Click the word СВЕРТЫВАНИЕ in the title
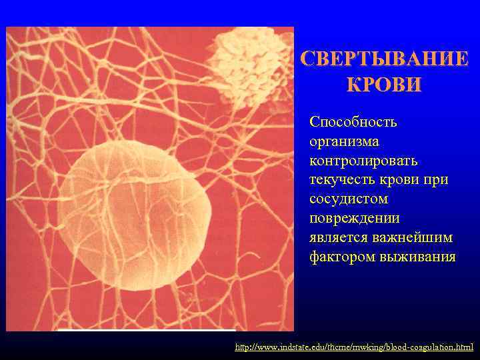384,59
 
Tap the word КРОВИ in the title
384,85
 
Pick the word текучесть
339,180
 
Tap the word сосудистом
349,199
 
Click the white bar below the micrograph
147,330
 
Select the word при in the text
436,180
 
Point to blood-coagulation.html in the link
433,347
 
